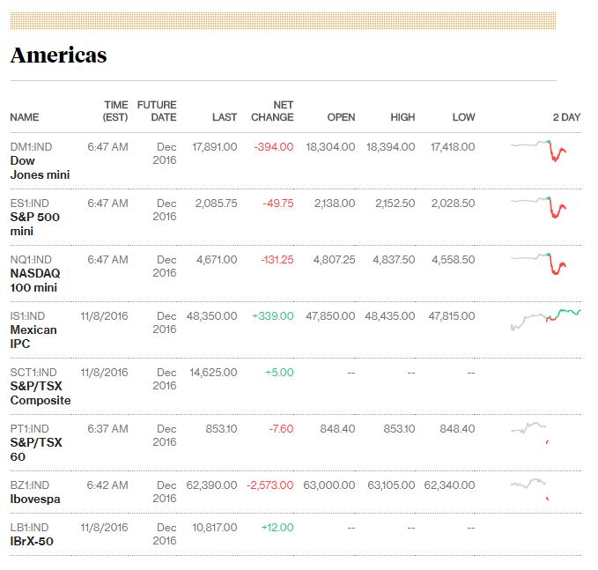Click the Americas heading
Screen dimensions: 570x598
[58, 55]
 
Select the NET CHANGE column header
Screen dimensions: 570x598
[272, 111]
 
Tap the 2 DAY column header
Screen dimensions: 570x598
[566, 117]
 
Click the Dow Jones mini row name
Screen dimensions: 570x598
[40, 167]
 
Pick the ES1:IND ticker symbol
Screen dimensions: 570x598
[31, 204]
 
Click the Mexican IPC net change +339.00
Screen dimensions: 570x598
[272, 316]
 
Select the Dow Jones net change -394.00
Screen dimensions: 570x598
[273, 147]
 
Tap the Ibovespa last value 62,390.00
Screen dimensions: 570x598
[211, 485]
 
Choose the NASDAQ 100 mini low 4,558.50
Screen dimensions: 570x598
[453, 260]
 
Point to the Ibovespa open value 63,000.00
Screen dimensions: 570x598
[329, 485]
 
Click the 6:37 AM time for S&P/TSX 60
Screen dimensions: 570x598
[107, 429]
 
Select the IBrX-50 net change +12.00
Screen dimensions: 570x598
[277, 528]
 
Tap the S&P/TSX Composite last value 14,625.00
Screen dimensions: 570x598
[213, 373]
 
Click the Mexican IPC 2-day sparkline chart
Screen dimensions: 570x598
[545, 319]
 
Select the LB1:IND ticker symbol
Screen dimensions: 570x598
[31, 528]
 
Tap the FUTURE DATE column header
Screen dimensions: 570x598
[157, 111]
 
